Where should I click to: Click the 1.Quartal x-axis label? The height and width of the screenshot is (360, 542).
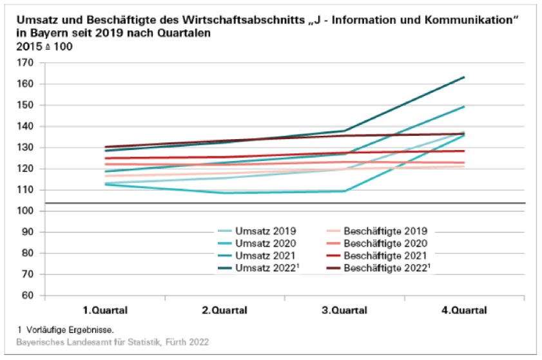click(x=105, y=310)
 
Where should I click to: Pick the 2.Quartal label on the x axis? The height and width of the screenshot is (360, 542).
click(x=225, y=310)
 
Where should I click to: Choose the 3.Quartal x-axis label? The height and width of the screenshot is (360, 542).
click(x=345, y=310)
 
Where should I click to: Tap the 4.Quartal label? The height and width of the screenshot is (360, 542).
click(x=465, y=310)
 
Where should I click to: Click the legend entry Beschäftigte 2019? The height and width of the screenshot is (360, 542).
click(x=385, y=231)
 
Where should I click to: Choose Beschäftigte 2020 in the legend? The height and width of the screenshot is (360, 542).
click(x=385, y=243)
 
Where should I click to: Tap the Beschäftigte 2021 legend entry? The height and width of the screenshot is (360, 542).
click(x=385, y=256)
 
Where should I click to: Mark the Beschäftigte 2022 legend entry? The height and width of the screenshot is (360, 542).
click(x=387, y=269)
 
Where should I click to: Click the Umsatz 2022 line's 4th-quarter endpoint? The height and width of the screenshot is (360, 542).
click(x=465, y=77)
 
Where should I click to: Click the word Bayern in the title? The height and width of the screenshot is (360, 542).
click(x=38, y=32)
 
